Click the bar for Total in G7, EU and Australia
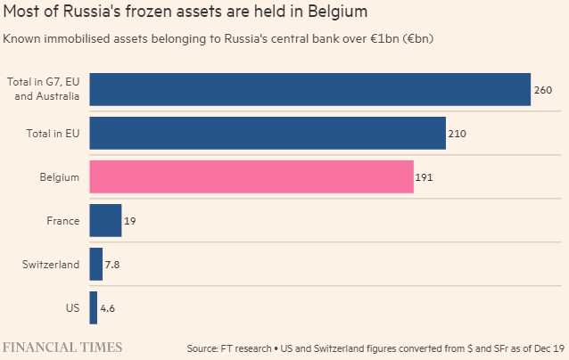(309, 89)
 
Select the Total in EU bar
(268, 133)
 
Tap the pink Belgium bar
(252, 176)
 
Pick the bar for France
(105, 220)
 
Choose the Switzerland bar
(96, 264)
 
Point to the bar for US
(94, 307)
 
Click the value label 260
(543, 90)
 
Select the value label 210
(458, 134)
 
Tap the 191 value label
(425, 177)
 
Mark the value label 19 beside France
(130, 221)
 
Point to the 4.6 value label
(108, 308)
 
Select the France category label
(63, 221)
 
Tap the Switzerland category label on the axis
(51, 265)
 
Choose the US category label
(72, 308)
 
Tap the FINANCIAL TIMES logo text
(62, 346)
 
